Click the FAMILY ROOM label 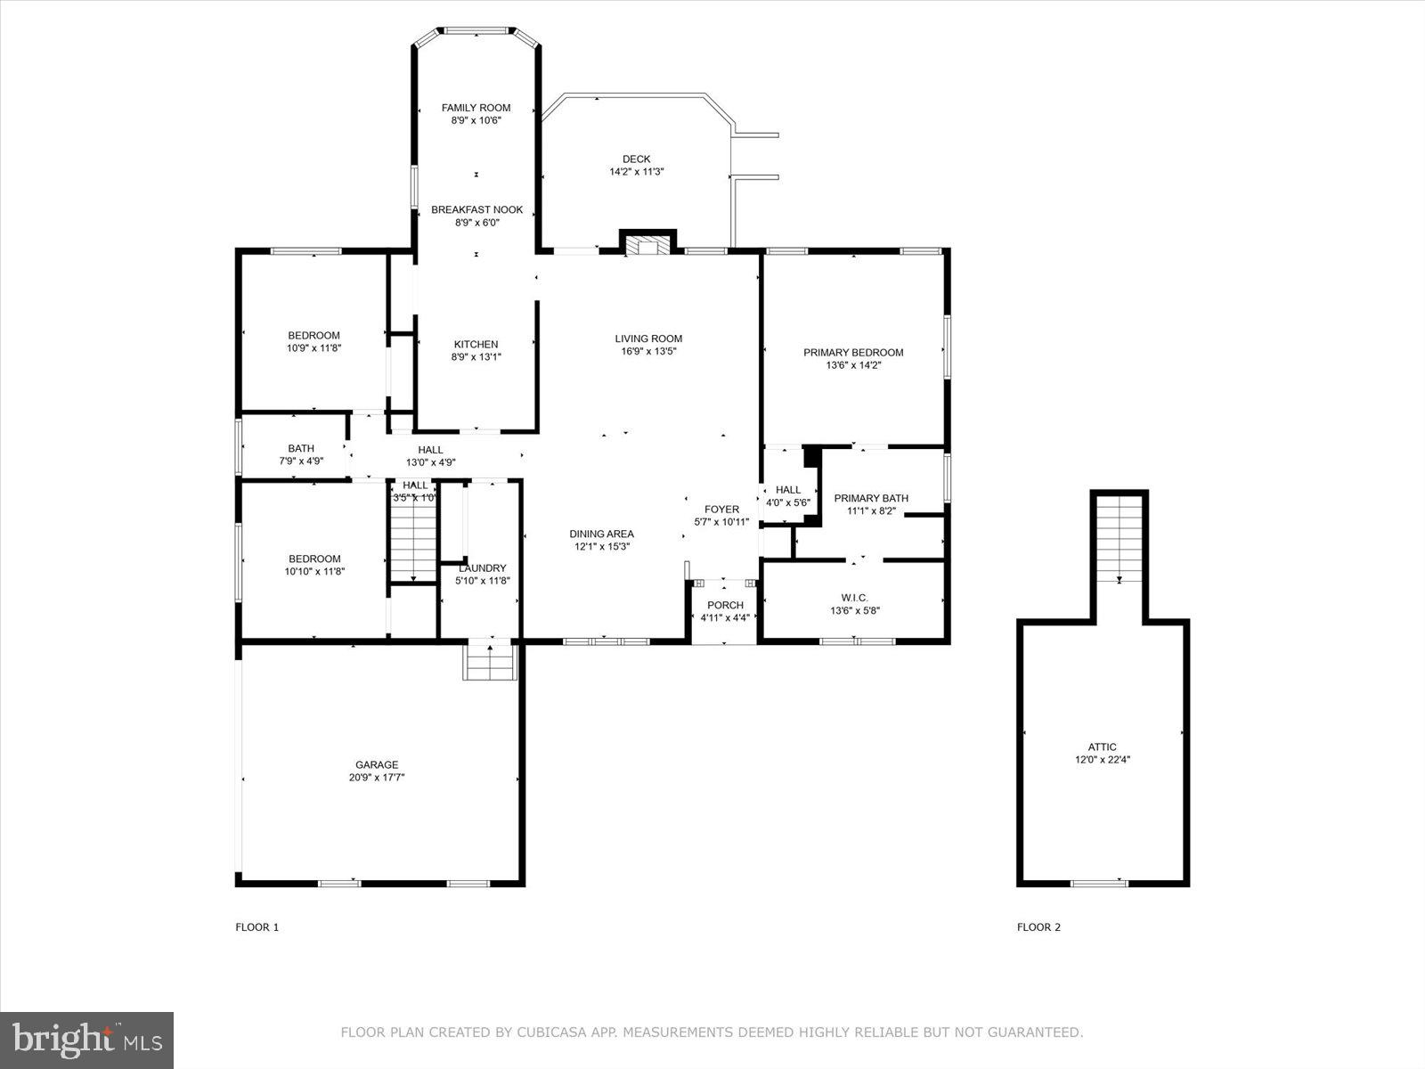pyautogui.click(x=476, y=108)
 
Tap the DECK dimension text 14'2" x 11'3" pyautogui.click(x=636, y=172)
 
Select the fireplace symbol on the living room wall pyautogui.click(x=647, y=245)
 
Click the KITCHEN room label pyautogui.click(x=476, y=345)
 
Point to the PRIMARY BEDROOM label pyautogui.click(x=852, y=353)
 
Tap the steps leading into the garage pyautogui.click(x=490, y=661)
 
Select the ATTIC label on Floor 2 pyautogui.click(x=1102, y=747)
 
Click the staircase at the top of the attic pyautogui.click(x=1120, y=538)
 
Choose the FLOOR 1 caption pyautogui.click(x=257, y=927)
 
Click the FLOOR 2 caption pyautogui.click(x=1038, y=927)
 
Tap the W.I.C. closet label pyautogui.click(x=854, y=598)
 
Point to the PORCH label pyautogui.click(x=725, y=606)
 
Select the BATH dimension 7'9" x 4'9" pyautogui.click(x=301, y=461)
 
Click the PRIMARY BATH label pyautogui.click(x=870, y=499)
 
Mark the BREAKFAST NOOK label pyautogui.click(x=476, y=210)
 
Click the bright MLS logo pyautogui.click(x=86, y=1040)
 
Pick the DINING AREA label pyautogui.click(x=601, y=534)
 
